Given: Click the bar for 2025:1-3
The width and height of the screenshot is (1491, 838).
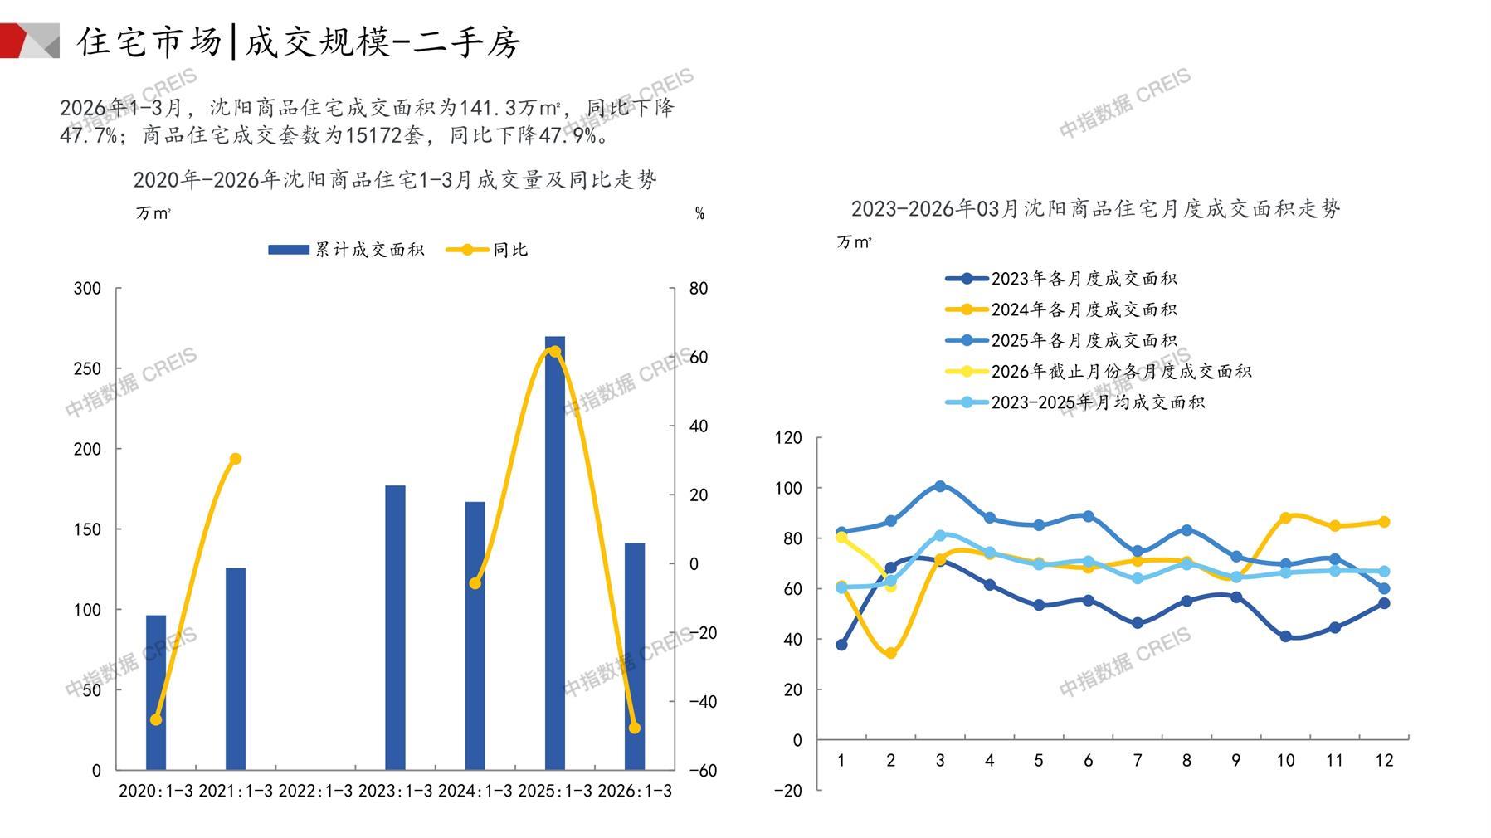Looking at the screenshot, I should pos(554,553).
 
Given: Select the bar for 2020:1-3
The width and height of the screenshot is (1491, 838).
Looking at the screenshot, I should pos(156,692).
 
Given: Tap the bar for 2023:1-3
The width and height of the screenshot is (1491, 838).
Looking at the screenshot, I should pos(395,627).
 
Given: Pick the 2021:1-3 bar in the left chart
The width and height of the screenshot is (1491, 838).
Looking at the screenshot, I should pos(236,669).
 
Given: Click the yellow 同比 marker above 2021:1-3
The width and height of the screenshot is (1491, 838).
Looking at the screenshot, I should pos(236,459).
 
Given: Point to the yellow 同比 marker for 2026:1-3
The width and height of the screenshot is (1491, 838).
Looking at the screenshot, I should pos(635,728).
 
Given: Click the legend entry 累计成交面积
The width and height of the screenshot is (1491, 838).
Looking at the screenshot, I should pos(347,250).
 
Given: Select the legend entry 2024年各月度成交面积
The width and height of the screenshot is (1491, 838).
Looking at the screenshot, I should pos(1061,309).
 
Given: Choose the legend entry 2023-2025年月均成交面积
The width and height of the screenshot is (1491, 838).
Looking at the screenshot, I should pos(1075,402).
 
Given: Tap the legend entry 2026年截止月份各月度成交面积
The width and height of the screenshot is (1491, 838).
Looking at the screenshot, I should pos(1099,372).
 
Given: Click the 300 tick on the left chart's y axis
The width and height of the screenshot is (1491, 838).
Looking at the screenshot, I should pos(87,289).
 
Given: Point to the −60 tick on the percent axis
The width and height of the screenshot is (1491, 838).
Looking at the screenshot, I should pos(702,770).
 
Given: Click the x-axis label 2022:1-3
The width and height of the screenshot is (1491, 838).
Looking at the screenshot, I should pos(315,791).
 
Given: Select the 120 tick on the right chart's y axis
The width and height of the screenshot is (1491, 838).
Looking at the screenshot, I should pos(788,437).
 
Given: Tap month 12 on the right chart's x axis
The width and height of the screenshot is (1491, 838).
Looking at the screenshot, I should pos(1384,760).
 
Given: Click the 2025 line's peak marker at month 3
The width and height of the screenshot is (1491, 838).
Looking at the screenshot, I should pos(940,486).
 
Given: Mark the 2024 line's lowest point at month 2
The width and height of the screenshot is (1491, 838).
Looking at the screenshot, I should pos(891,653).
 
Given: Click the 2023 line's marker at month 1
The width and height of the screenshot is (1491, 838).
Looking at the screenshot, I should pos(841,645).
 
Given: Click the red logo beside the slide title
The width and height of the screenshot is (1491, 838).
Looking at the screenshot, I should pos(29,41).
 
